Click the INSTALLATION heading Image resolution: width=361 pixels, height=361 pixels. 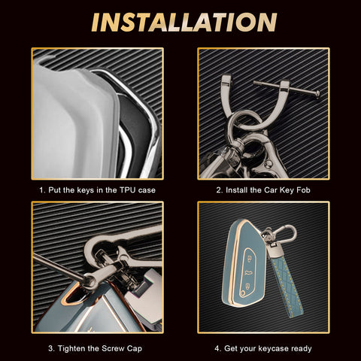pyautogui.click(x=184, y=23)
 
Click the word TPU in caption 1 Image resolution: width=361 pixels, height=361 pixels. pyautogui.click(x=128, y=190)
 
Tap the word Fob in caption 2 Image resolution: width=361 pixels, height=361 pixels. pyautogui.click(x=303, y=190)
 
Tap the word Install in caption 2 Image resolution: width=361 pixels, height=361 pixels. pyautogui.click(x=237, y=190)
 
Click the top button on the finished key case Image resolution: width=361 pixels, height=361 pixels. pyautogui.click(x=250, y=259)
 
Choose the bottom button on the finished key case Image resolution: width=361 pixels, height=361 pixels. pyautogui.click(x=247, y=285)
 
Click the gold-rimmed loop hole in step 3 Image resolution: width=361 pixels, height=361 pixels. pyautogui.click(x=73, y=295)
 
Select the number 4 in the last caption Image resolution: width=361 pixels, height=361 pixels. pyautogui.click(x=217, y=348)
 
